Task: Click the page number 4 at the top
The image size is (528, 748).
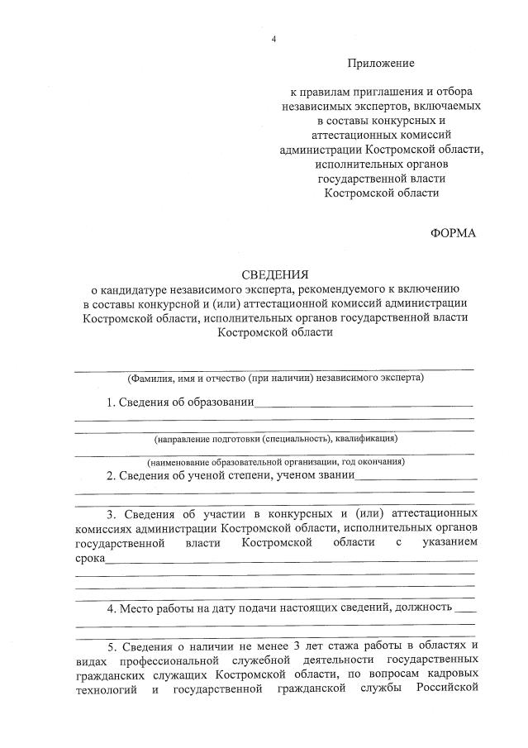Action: pos(274,40)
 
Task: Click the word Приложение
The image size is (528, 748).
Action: pos(380,63)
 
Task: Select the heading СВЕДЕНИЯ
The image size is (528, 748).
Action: pos(275,274)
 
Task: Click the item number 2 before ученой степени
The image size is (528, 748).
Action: pos(111,475)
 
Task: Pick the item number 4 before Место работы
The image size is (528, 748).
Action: pos(111,608)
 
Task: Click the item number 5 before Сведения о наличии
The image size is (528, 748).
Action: pos(111,646)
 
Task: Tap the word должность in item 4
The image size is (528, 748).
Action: pos(423,608)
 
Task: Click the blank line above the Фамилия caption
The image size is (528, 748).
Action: pos(274,368)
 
